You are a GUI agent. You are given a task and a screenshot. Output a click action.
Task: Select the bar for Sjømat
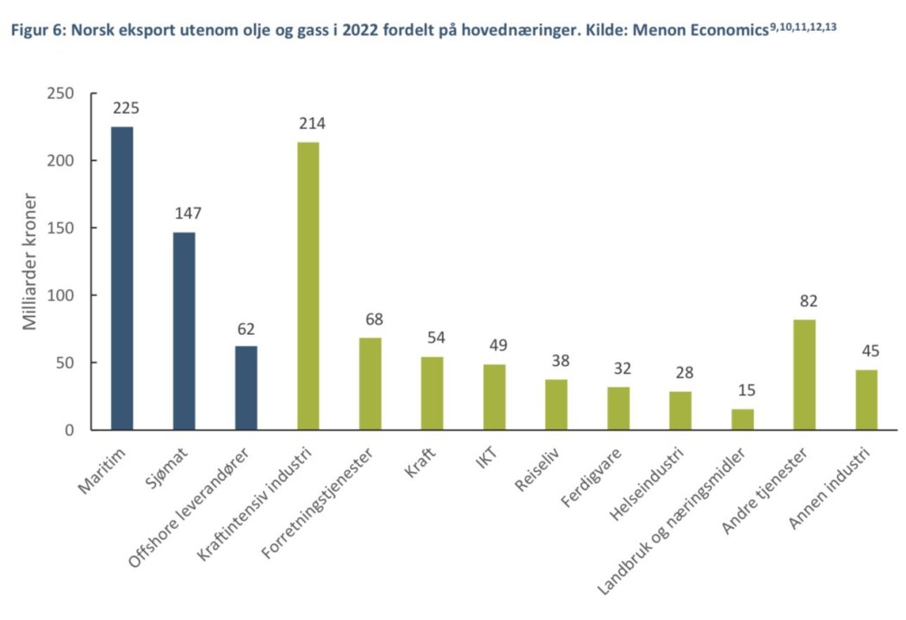point(184,331)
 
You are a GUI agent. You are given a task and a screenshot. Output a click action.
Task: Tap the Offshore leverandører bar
point(246,387)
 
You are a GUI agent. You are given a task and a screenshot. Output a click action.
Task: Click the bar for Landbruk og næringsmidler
point(742,419)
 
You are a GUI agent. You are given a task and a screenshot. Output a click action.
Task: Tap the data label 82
point(807,301)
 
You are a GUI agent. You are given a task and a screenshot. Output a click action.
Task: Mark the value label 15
point(744,391)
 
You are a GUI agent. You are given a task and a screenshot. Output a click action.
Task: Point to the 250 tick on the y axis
point(59,93)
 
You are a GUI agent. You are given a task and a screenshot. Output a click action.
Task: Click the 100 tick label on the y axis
point(59,295)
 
